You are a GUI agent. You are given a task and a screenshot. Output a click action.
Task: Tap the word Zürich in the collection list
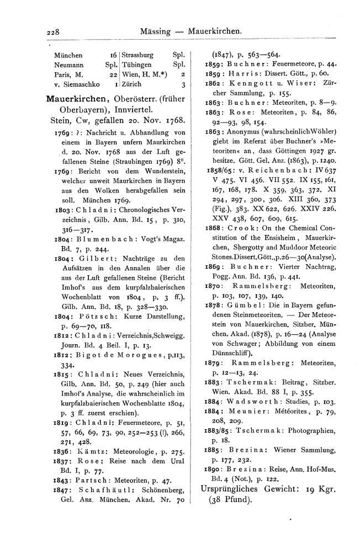pos(131,84)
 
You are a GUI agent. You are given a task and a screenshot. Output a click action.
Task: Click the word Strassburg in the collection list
pos(137,55)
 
